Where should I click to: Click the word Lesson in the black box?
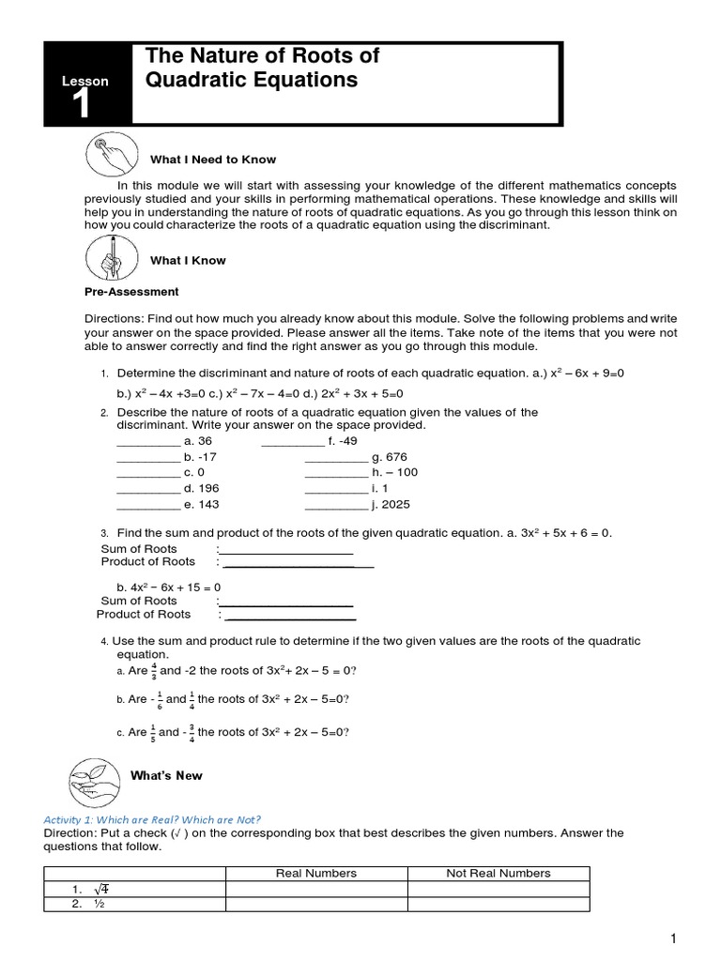[x=85, y=82]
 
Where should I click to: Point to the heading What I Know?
[x=188, y=261]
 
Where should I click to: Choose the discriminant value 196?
[x=202, y=488]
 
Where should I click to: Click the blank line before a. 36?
[x=147, y=441]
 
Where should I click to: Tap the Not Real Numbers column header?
[x=498, y=873]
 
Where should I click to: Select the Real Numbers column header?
[x=316, y=873]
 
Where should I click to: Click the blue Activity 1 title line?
[x=152, y=818]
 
